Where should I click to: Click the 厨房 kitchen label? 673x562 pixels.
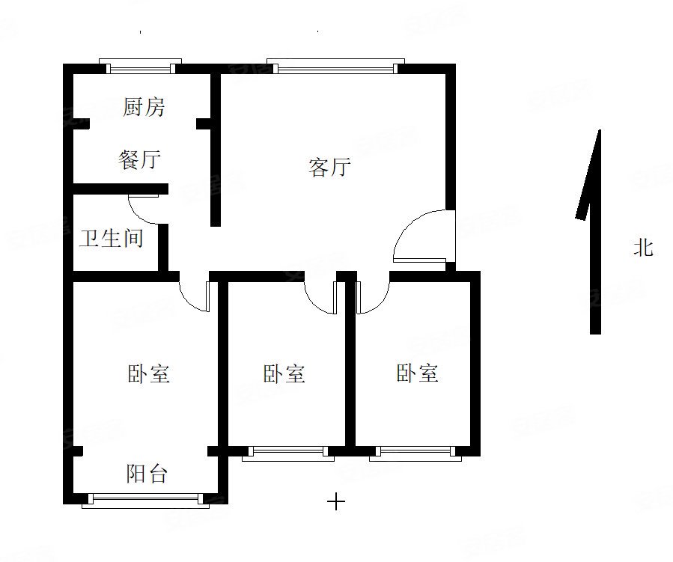click(144, 108)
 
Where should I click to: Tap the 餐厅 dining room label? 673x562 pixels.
click(139, 159)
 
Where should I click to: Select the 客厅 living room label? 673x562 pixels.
click(329, 168)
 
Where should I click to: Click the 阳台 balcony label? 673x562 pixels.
click(147, 473)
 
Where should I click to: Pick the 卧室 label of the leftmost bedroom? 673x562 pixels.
click(149, 373)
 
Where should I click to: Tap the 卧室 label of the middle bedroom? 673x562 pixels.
click(284, 373)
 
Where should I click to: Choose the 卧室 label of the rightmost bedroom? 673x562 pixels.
click(417, 373)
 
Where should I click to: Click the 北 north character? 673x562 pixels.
click(642, 248)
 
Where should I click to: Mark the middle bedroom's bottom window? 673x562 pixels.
click(288, 451)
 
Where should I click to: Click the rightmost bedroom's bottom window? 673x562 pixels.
click(415, 451)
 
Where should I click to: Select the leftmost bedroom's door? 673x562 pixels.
click(196, 296)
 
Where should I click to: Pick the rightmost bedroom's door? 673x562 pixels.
click(372, 296)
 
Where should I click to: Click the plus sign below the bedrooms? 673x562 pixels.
click(337, 501)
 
